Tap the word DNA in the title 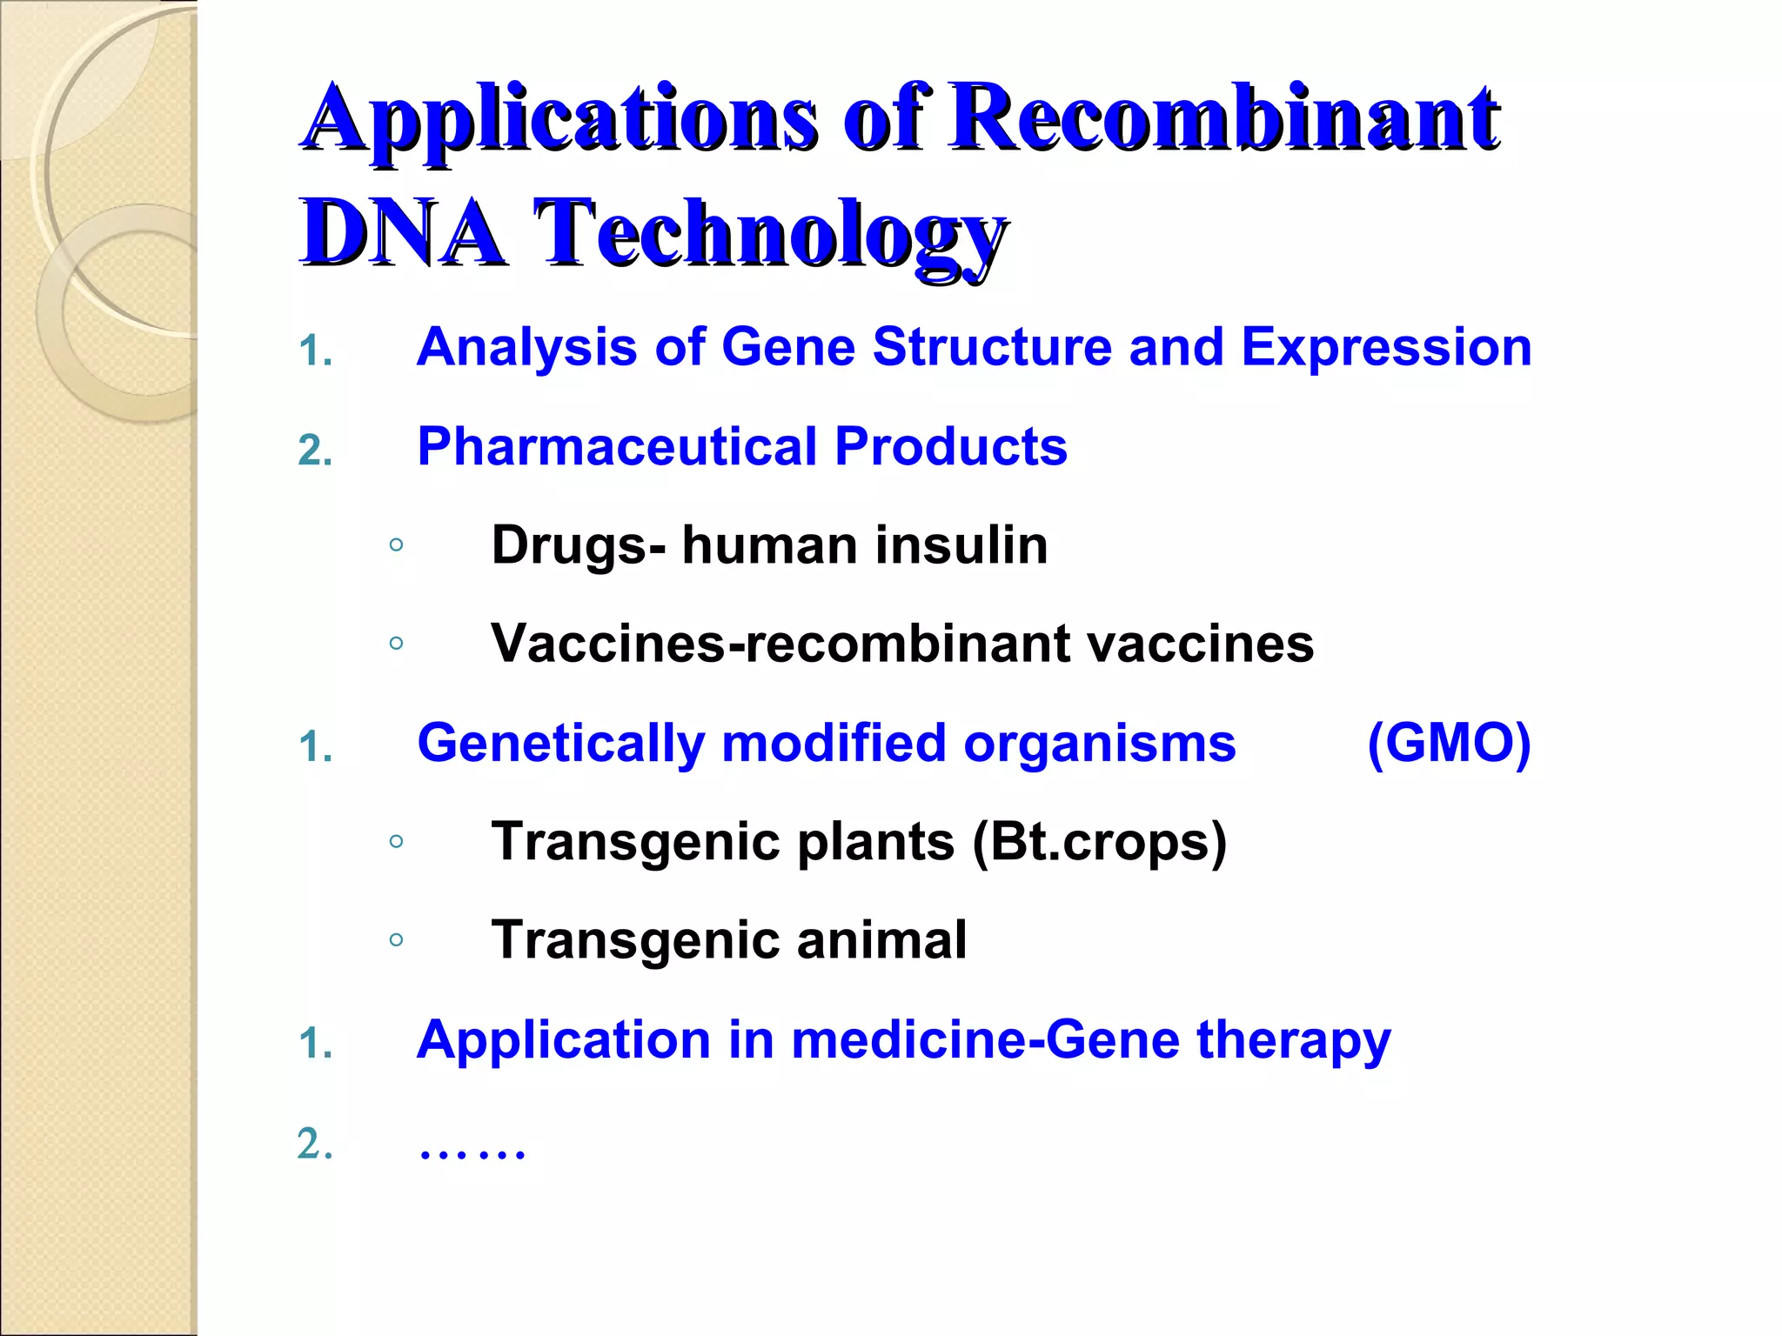402,233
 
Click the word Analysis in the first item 526,347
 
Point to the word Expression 1385,349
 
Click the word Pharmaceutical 617,447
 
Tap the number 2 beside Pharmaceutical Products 314,451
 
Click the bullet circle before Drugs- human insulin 396,545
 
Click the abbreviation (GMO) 1448,744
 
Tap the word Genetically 560,745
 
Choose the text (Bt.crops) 1099,843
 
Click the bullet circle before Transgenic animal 396,939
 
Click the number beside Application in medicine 314,1043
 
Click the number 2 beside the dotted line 314,1144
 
